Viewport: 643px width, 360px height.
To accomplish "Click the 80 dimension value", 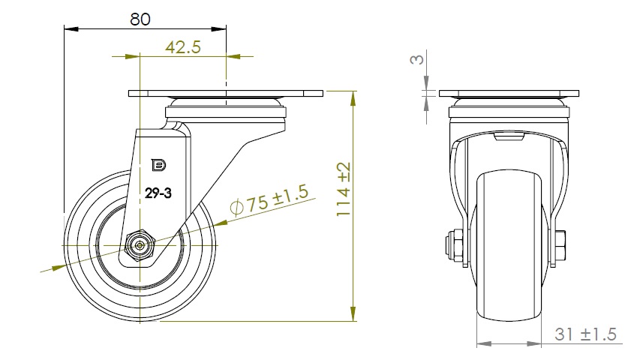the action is [140, 19].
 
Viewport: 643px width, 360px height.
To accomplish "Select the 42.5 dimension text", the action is [183, 47].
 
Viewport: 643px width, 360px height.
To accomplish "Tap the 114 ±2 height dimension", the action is [344, 189].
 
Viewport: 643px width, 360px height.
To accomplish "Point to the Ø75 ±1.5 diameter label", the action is [269, 199].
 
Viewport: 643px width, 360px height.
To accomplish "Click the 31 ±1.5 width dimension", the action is [585, 334].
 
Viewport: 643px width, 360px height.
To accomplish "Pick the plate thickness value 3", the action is [417, 59].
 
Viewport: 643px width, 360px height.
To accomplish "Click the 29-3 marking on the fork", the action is [158, 193].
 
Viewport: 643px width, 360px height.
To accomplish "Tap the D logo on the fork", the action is [159, 165].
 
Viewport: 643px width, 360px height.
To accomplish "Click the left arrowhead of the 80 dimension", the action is [71, 28].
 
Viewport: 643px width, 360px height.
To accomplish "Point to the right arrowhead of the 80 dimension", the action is [219, 28].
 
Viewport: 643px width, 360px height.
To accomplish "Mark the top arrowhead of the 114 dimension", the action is [353, 98].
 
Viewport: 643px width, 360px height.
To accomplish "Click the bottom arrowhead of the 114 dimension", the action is [353, 313].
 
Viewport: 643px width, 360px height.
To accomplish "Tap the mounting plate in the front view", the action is [509, 94].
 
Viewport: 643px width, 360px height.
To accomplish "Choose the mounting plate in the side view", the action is [226, 94].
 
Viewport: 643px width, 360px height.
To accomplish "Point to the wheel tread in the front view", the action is [509, 246].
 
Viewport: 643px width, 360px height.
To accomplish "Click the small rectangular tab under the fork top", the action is [509, 137].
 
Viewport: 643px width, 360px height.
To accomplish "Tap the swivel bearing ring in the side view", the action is [509, 112].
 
